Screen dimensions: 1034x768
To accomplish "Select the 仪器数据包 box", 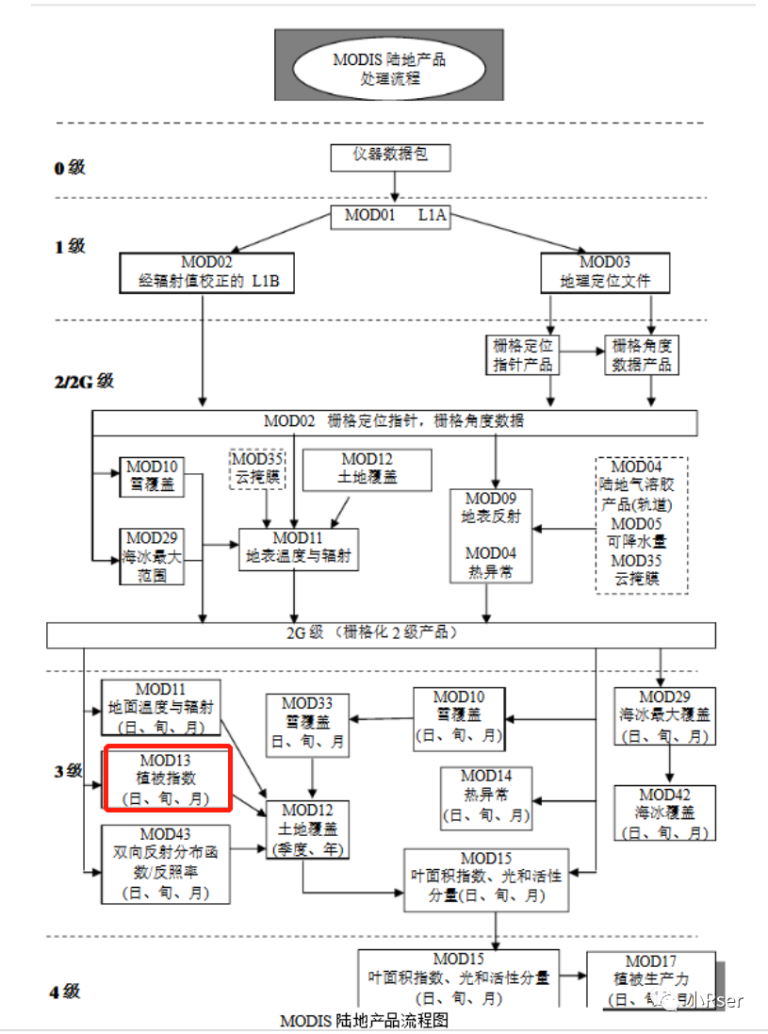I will click(x=390, y=156).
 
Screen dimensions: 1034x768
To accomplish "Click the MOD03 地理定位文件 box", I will click(x=605, y=272).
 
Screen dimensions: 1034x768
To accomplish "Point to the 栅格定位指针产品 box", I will click(x=521, y=355).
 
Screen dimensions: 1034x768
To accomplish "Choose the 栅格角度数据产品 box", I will click(x=641, y=355).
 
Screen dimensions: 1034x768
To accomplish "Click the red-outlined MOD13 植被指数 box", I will click(x=167, y=779).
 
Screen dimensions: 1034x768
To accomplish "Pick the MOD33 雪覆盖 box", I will click(x=306, y=723).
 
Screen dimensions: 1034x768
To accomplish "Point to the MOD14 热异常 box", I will click(x=486, y=795).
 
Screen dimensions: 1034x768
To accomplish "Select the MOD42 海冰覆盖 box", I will click(x=664, y=813).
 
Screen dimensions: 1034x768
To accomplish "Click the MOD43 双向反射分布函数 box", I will click(x=166, y=863).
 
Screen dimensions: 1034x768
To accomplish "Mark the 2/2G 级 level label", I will click(x=84, y=382).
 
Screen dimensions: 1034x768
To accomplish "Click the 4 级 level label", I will click(x=65, y=992).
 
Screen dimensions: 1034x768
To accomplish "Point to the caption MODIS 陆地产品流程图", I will click(x=364, y=1021).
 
